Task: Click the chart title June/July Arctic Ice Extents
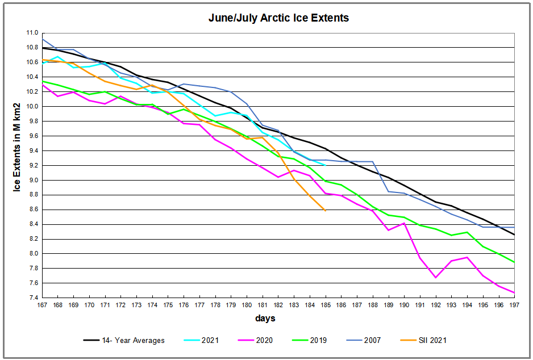coord(278,18)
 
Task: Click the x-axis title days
coord(265,319)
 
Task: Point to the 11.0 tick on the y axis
coord(32,33)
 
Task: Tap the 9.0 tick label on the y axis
coord(32,180)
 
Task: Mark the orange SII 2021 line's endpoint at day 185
coord(326,211)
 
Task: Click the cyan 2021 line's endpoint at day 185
coord(326,165)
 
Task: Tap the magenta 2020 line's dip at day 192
coord(436,277)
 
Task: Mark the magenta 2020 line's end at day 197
coord(514,292)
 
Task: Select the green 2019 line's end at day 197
coord(514,262)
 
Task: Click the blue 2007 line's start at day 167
coord(42,39)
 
